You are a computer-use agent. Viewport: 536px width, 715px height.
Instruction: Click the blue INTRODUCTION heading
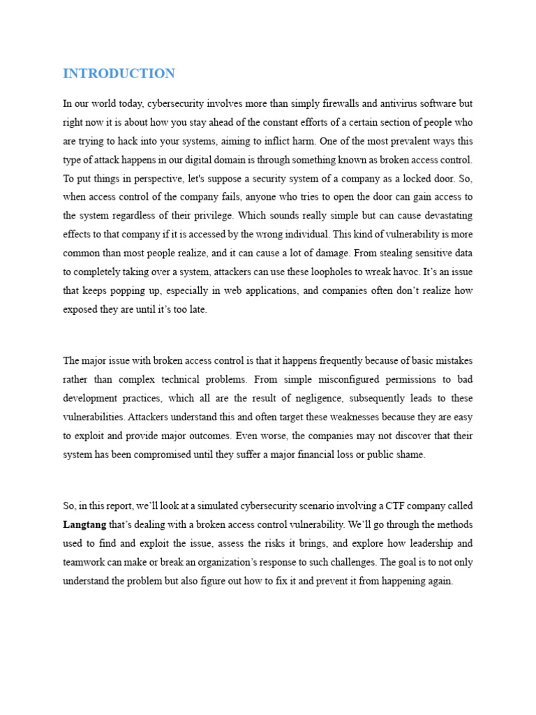click(119, 73)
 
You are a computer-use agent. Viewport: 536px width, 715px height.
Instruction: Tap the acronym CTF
click(396, 506)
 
